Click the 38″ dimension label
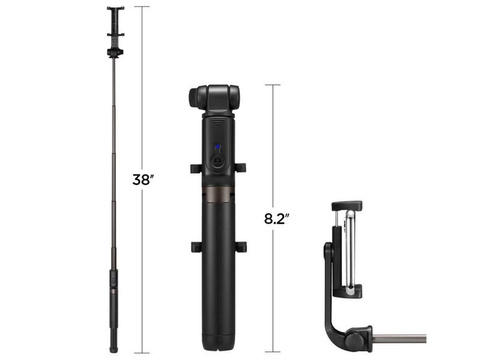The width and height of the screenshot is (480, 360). click(142, 181)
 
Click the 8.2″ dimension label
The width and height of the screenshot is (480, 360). click(276, 217)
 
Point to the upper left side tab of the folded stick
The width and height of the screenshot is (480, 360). click(191, 166)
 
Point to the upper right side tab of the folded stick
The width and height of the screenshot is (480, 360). click(240, 166)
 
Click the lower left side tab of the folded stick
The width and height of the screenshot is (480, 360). click(191, 246)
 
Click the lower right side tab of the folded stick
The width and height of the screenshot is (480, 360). click(240, 246)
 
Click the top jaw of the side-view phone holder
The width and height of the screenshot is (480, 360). click(345, 206)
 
